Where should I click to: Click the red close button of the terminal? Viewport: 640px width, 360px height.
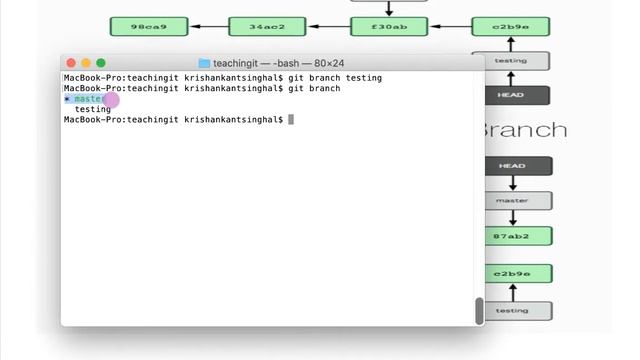tap(70, 63)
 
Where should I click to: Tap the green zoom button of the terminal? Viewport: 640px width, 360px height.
tap(100, 63)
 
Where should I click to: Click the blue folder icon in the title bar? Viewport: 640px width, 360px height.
tap(205, 63)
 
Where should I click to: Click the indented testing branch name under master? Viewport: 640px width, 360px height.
tap(92, 109)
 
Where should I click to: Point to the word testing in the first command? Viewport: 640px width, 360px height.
tap(363, 78)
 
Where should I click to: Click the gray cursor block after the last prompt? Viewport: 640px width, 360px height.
tap(291, 120)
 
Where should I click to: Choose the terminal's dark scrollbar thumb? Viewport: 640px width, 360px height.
tap(479, 310)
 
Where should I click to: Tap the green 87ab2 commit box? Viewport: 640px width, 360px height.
tap(511, 237)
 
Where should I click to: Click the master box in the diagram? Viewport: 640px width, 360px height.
tap(511, 200)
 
